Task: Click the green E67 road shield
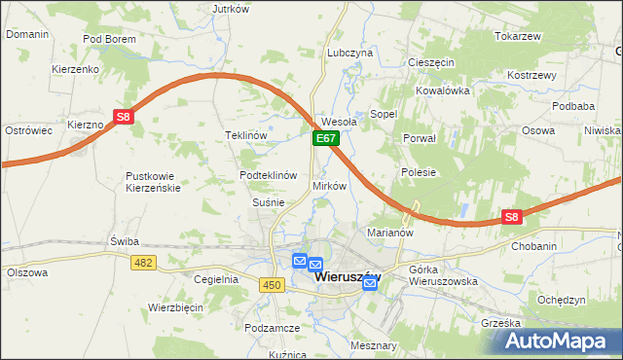(325, 140)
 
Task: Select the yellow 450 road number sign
(272, 283)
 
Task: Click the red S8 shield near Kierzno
(123, 118)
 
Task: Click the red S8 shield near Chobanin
(513, 218)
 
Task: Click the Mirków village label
(329, 185)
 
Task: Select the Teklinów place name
(245, 135)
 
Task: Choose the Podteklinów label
(268, 175)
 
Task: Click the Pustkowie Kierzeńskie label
(153, 182)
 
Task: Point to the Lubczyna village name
(350, 53)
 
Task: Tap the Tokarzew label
(517, 36)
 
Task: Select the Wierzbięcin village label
(175, 306)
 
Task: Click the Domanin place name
(27, 33)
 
